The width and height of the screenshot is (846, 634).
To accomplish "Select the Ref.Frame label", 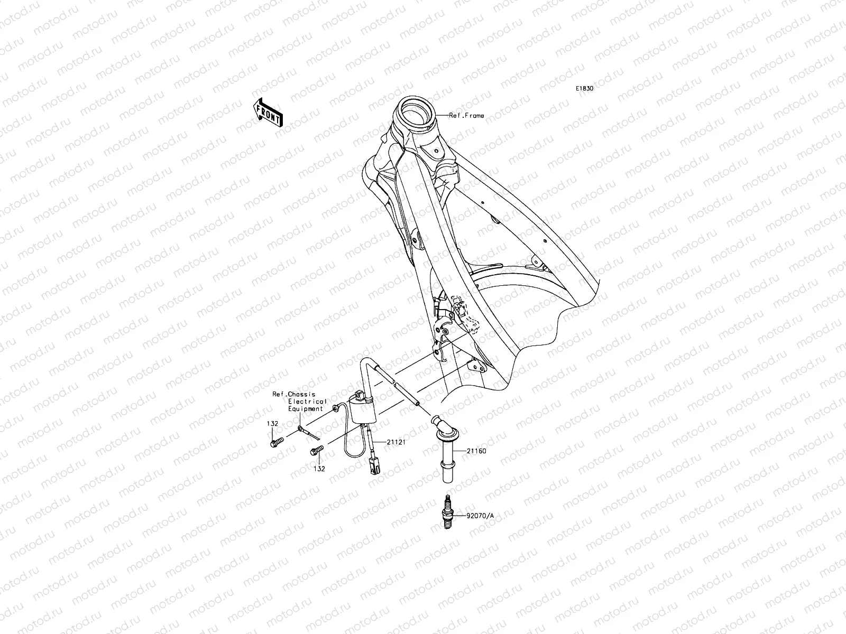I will pyautogui.click(x=466, y=116).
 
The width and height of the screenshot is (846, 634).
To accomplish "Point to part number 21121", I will pyautogui.click(x=396, y=442).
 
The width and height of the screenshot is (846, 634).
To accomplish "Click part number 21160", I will pyautogui.click(x=476, y=451).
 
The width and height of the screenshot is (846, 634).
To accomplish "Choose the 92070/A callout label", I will pyautogui.click(x=480, y=516).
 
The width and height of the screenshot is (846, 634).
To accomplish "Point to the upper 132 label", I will pyautogui.click(x=272, y=424).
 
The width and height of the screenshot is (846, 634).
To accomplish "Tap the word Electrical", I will pyautogui.click(x=307, y=402).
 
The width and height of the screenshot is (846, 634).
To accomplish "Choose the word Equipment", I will pyautogui.click(x=306, y=409).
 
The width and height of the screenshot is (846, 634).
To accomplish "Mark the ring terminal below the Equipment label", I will pyautogui.click(x=300, y=427).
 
